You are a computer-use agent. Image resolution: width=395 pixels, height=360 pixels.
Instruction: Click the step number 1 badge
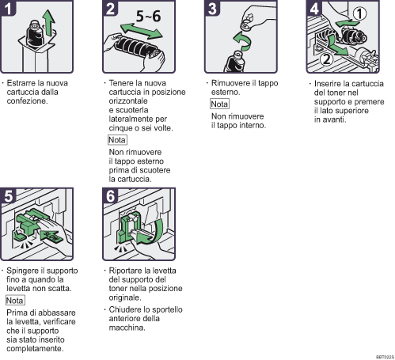click(x=8, y=8)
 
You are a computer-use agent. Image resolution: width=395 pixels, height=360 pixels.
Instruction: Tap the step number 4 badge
click(x=314, y=8)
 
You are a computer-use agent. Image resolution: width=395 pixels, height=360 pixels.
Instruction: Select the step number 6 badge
click(x=110, y=195)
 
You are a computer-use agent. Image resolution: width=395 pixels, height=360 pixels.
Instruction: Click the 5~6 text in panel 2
click(x=148, y=17)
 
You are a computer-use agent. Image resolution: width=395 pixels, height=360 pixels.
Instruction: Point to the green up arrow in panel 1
click(x=49, y=23)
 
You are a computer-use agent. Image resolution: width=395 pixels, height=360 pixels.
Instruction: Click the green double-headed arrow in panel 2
click(x=141, y=31)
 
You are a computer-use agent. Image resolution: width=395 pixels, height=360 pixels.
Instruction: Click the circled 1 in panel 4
click(x=360, y=13)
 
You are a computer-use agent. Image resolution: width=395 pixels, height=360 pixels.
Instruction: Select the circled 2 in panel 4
click(x=327, y=59)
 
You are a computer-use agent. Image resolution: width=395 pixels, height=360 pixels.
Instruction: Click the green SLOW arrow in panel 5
click(x=51, y=237)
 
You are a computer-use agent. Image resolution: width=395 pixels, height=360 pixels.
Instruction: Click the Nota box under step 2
click(x=117, y=140)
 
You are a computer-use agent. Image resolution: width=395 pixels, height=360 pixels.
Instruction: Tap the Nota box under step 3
click(x=219, y=104)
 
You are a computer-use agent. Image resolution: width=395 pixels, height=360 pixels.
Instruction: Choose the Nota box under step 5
click(x=15, y=301)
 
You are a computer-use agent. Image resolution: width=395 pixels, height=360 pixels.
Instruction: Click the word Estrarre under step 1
click(x=21, y=83)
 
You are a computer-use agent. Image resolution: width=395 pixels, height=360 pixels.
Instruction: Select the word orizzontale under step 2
click(x=128, y=101)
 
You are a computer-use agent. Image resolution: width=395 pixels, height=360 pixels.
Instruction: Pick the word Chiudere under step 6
click(x=123, y=309)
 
